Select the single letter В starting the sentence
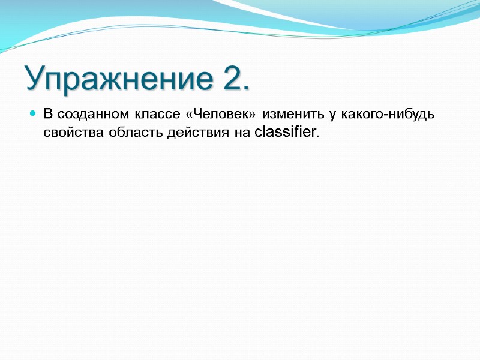click(x=49, y=114)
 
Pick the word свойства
click(x=68, y=133)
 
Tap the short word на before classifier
click(x=241, y=133)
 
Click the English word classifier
click(x=284, y=132)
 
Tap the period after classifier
click(x=317, y=136)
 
